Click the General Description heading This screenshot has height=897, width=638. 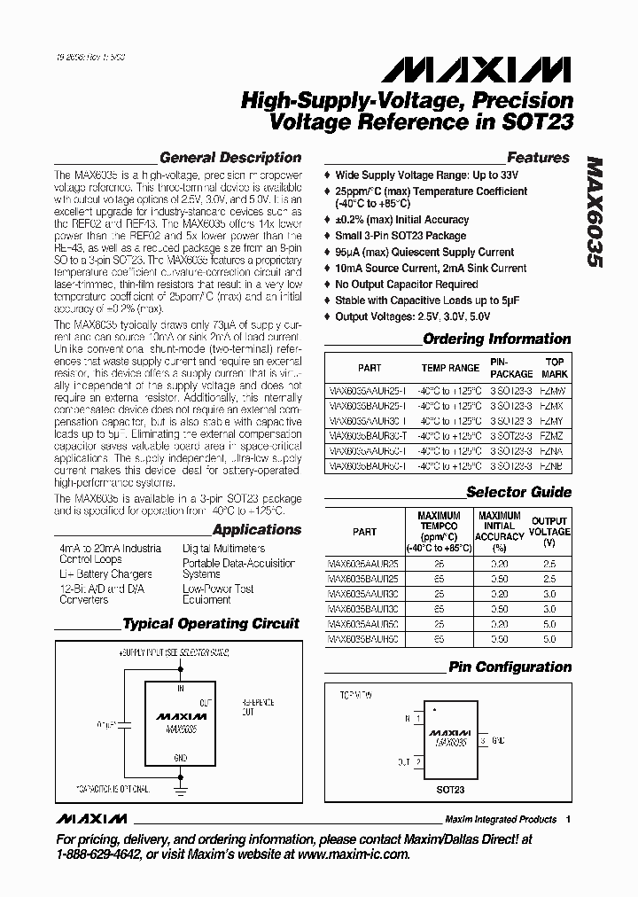coord(230,158)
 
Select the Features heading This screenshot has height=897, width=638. coord(538,158)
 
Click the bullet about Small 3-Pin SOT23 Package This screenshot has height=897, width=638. coord(401,236)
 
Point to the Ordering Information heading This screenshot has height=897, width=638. coord(496,339)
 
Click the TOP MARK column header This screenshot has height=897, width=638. coord(555,367)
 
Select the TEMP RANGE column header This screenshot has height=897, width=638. coord(449,367)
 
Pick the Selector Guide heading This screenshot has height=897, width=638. coord(518,492)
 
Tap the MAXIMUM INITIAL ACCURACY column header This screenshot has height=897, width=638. coord(500,532)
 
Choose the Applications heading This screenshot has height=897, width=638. coord(256,530)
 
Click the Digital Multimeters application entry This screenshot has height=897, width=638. coord(226,549)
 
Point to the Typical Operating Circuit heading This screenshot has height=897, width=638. coord(211,624)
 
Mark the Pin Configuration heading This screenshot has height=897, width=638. coord(510,667)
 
